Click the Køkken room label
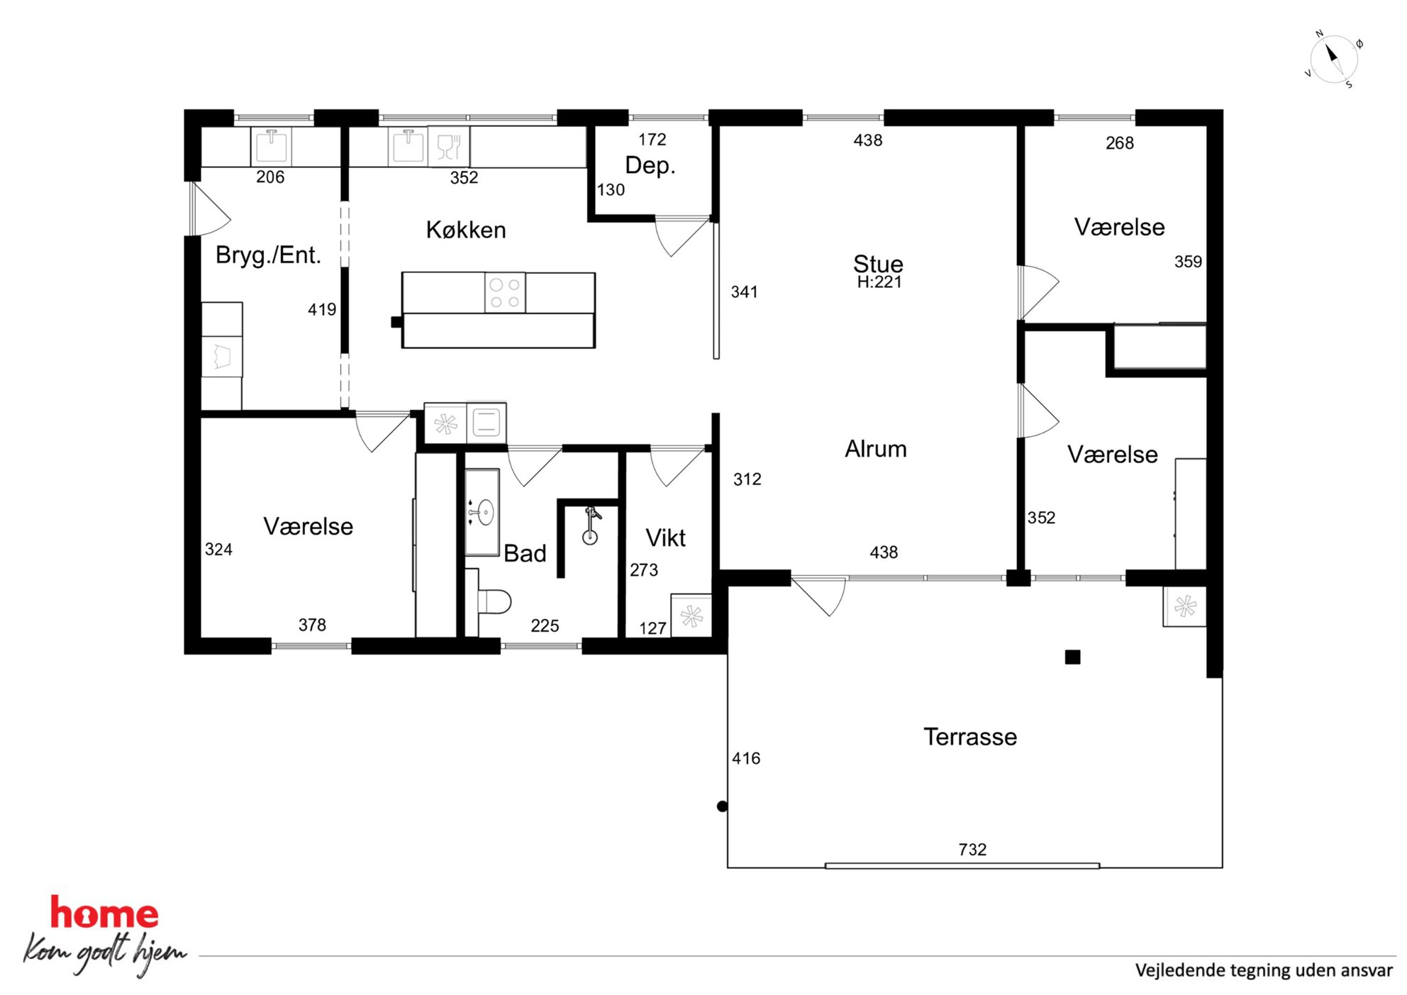point(466,230)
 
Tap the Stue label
point(878,264)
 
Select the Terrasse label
point(970,737)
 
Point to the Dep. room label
point(650,165)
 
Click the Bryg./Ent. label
point(268,255)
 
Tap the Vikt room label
point(665,538)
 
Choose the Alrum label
point(876,449)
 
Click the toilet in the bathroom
point(494,601)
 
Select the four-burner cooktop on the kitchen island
point(505,292)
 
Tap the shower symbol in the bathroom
point(591,526)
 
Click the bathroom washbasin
point(482,511)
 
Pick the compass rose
point(1333,60)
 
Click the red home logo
point(104,913)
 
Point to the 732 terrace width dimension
point(972,850)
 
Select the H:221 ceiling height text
point(879,282)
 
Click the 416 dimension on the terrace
point(746,759)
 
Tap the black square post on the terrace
point(1073,657)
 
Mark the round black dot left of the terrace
point(722,806)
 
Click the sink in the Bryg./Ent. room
point(272,146)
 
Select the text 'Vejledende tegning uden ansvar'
point(1264,970)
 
